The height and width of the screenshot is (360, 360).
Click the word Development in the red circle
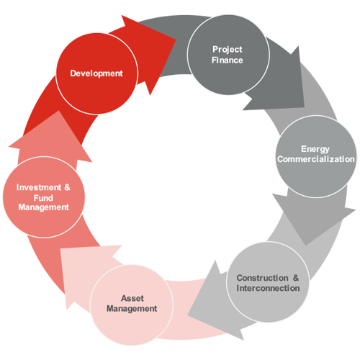96,73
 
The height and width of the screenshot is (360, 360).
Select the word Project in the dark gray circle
228,50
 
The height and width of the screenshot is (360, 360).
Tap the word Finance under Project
228,60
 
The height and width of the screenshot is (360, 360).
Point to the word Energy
315,149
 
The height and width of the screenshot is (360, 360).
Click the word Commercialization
316,159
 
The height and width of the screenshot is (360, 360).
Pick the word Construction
262,278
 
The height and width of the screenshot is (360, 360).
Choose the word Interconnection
268,288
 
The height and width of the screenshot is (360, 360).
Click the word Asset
132,298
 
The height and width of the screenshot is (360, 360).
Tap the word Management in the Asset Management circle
132,309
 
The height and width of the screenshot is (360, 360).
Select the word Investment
39,187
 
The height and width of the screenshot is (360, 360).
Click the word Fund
43,198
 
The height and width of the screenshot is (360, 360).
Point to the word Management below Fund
44,207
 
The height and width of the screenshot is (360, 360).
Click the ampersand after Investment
67,187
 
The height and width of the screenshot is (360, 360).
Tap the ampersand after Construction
296,278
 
